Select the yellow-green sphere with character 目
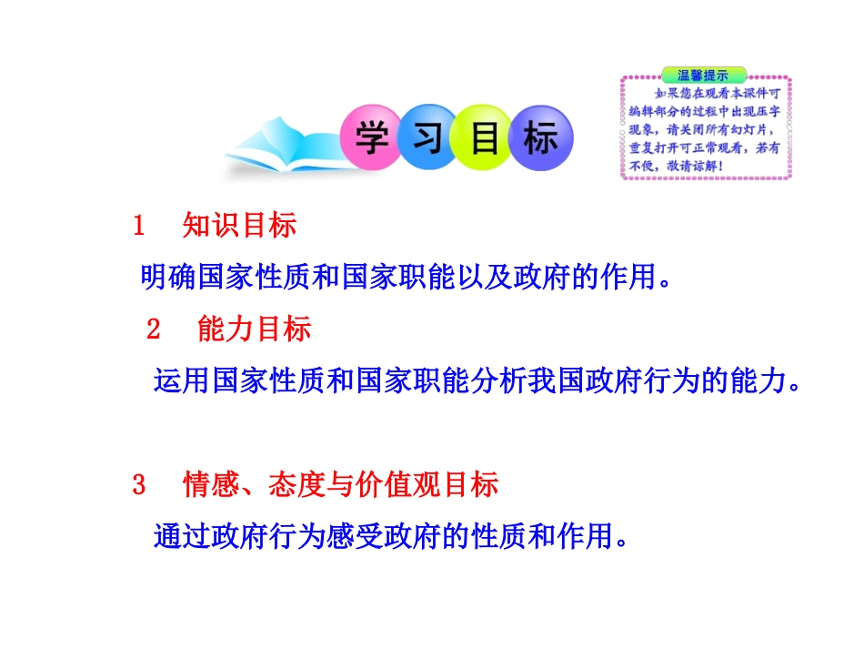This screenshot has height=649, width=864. tap(483, 138)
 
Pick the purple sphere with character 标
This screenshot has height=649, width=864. tap(540, 138)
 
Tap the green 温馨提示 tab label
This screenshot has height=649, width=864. tap(704, 75)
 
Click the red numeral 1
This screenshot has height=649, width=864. tap(139, 226)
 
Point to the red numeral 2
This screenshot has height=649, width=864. tap(154, 330)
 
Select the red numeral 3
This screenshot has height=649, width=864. tap(139, 485)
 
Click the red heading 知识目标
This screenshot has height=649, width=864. tap(239, 226)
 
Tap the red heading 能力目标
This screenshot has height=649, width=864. tap(254, 330)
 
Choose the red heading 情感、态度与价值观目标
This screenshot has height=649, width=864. tap(340, 485)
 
